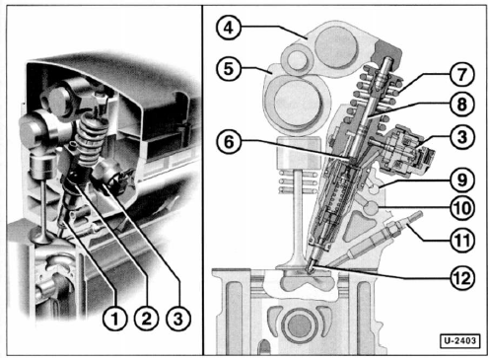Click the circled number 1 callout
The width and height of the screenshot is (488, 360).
click(114, 319)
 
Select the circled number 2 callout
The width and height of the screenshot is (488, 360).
click(146, 319)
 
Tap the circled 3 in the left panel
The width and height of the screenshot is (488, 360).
click(178, 319)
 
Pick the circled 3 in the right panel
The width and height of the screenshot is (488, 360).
click(461, 137)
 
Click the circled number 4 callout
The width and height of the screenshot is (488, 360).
click(229, 28)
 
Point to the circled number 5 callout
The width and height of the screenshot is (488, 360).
click(229, 69)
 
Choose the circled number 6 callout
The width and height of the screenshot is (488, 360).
click(229, 142)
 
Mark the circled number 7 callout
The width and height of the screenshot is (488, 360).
click(461, 74)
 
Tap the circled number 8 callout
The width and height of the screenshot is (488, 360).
click(461, 105)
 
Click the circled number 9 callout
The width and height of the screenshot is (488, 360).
click(461, 180)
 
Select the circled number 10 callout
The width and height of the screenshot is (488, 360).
click(461, 208)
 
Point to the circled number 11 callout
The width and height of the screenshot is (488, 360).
click(461, 241)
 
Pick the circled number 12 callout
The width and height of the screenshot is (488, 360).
click(461, 278)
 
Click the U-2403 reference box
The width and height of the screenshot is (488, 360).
click(459, 341)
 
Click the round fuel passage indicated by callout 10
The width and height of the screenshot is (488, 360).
click(372, 208)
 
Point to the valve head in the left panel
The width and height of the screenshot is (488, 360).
click(40, 236)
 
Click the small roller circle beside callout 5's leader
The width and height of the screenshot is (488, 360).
click(298, 59)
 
